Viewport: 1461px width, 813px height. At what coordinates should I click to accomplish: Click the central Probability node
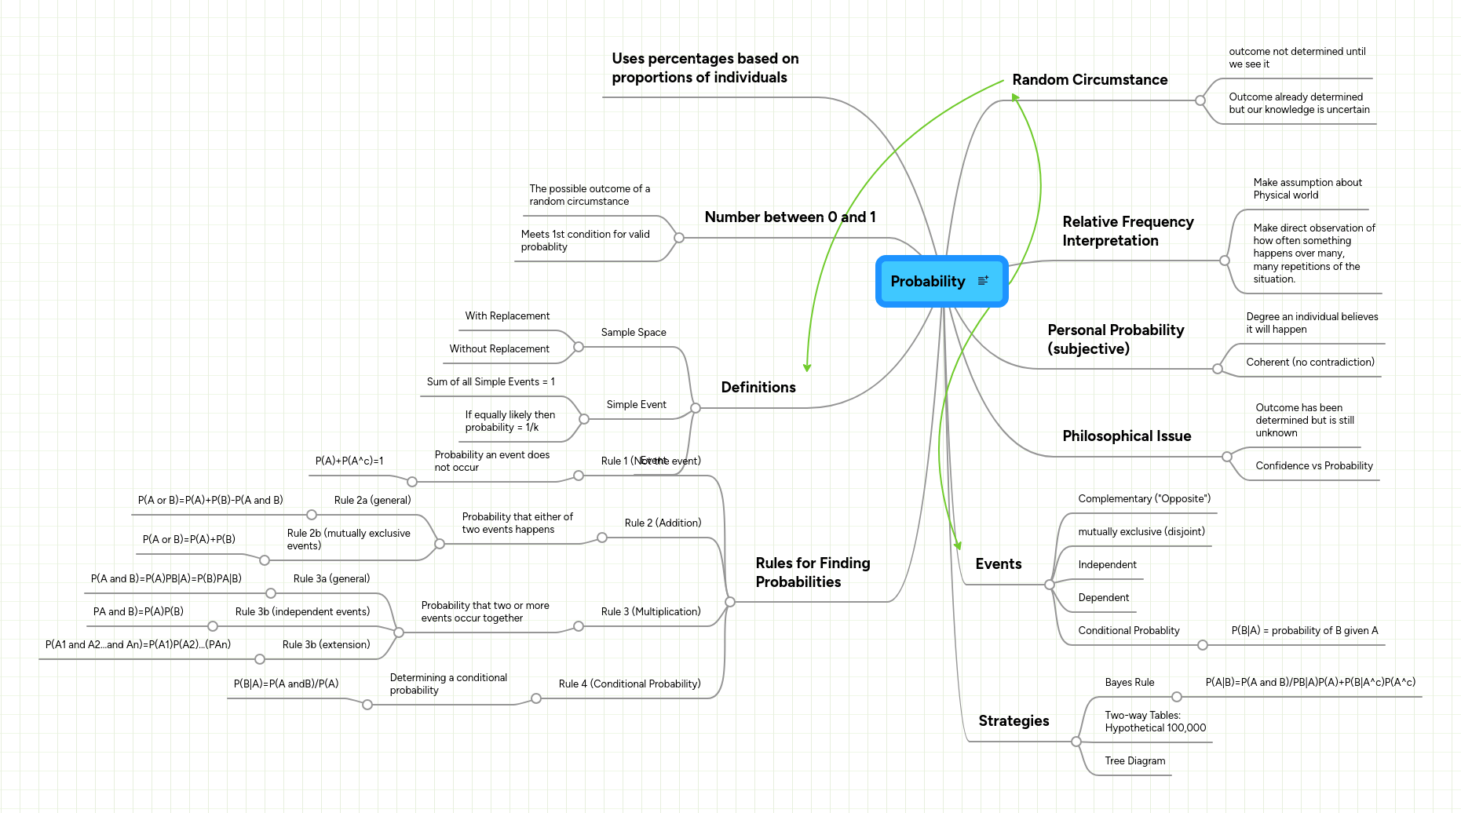point(928,282)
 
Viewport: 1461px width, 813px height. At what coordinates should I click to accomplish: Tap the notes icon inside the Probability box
point(983,281)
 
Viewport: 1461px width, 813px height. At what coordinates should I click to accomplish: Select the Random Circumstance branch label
point(1090,80)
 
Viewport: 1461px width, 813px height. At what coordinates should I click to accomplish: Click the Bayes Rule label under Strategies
point(1129,683)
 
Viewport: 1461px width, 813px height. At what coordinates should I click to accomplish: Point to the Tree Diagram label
point(1134,761)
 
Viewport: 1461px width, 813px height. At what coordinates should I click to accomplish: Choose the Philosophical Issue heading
point(1127,436)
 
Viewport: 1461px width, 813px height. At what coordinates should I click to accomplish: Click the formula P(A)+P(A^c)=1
point(349,461)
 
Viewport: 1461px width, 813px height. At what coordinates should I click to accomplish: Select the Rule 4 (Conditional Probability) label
point(630,684)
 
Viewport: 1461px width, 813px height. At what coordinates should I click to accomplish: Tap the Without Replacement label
point(499,349)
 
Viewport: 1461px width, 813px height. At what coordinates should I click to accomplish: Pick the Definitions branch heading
point(758,388)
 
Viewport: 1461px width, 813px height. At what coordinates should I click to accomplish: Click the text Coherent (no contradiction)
point(1310,363)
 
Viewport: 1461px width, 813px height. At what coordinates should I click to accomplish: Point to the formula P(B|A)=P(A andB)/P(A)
point(287,684)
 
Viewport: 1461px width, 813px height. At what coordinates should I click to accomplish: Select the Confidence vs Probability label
point(1314,466)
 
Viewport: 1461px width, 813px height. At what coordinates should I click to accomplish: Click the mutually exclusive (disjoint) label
point(1141,532)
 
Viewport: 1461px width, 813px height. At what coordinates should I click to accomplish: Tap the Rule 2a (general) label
point(372,501)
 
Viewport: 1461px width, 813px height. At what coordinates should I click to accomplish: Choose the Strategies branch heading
point(1014,721)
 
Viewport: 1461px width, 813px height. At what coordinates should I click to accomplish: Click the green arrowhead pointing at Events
point(957,545)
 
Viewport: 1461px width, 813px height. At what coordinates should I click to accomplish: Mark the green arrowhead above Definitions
point(807,366)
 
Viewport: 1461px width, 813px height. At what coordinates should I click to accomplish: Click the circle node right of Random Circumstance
point(1200,100)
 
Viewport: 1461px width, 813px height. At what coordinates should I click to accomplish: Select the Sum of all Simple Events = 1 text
point(491,382)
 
